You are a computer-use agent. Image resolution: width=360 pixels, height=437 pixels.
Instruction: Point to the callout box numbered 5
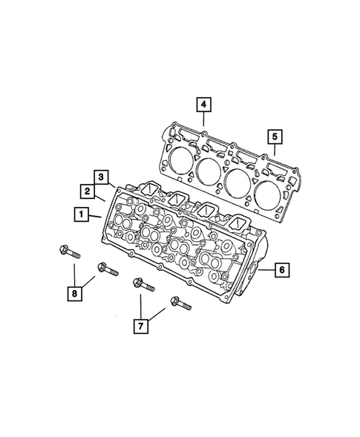tap(274, 136)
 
